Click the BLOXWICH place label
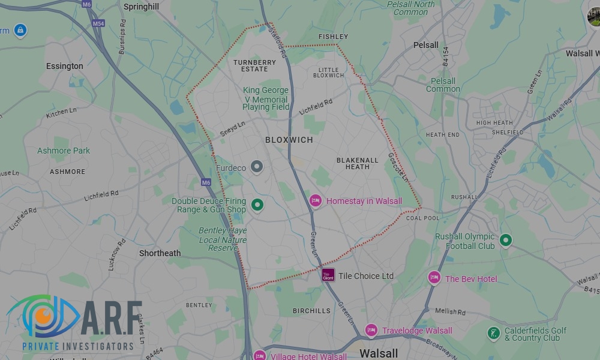tap(289, 140)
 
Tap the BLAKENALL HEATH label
tap(358, 164)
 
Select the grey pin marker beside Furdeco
tap(257, 167)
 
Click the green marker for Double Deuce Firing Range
tap(257, 206)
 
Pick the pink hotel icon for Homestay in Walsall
tap(316, 201)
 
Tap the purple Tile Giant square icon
tap(328, 275)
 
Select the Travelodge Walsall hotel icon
tap(371, 330)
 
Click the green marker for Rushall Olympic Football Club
tap(506, 241)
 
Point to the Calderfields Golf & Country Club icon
tap(493, 333)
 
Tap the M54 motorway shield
tap(98, 23)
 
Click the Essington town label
tap(65, 66)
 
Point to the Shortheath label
tap(160, 253)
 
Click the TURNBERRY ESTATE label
tap(255, 65)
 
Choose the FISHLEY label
tap(333, 37)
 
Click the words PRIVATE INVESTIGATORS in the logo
tap(78, 346)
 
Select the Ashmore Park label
tap(64, 151)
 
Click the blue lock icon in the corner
tap(20, 29)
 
